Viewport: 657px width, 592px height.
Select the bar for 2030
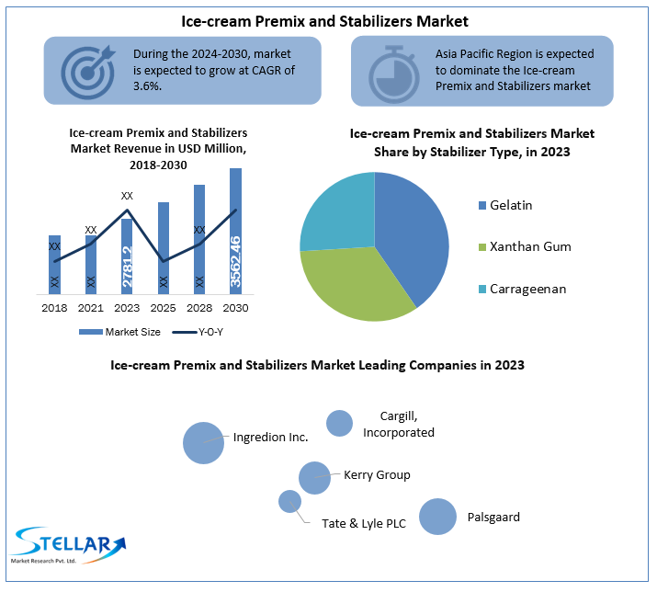(x=235, y=232)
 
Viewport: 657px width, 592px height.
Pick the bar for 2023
(x=127, y=256)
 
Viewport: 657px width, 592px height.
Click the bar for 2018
(x=54, y=265)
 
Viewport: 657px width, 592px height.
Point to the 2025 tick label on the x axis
(x=164, y=308)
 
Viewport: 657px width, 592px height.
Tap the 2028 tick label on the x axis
(x=199, y=308)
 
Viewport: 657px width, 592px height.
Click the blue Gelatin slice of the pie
(x=409, y=230)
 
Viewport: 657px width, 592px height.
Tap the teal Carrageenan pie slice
(x=338, y=211)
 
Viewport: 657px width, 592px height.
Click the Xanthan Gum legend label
(x=530, y=247)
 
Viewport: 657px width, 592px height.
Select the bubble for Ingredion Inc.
(x=203, y=442)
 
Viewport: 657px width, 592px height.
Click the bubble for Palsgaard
(x=437, y=517)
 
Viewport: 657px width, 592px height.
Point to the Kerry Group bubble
(x=314, y=478)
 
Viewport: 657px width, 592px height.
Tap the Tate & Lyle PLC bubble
(x=289, y=501)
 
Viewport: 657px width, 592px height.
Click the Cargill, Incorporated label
(x=398, y=424)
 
